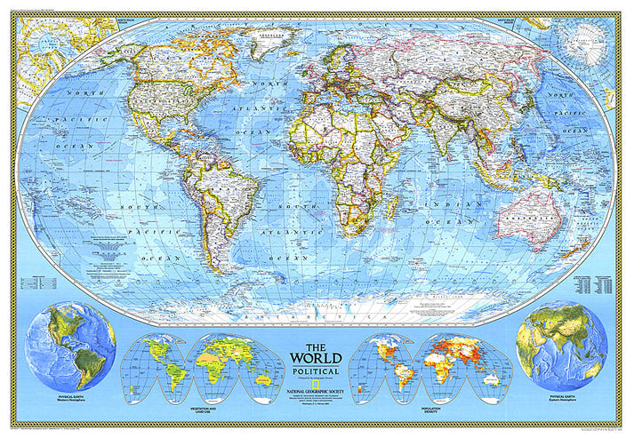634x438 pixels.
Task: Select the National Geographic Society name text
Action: tap(316, 385)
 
